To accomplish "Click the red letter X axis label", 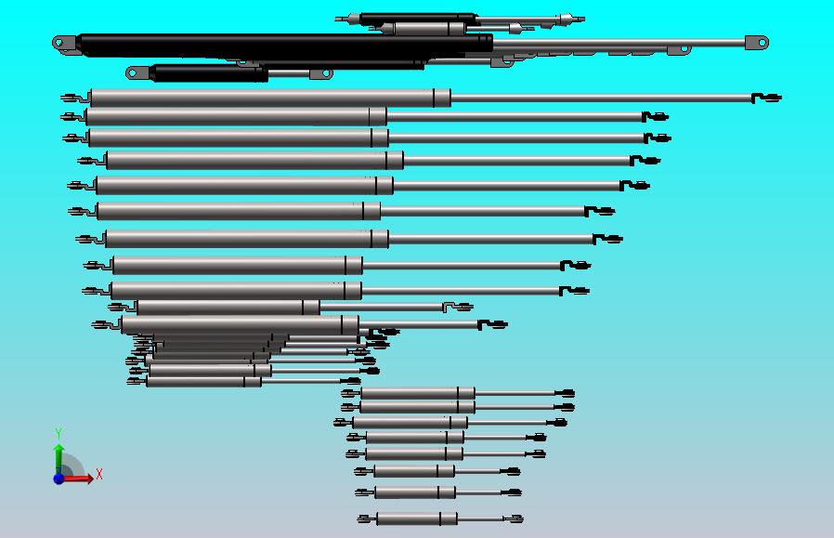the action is [x=99, y=474].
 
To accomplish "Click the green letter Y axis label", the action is [x=59, y=433].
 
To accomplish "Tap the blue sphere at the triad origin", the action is [x=59, y=479].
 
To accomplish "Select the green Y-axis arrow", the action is [x=59, y=459].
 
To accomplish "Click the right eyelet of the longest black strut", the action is [x=757, y=43].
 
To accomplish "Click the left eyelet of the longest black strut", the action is [x=65, y=43].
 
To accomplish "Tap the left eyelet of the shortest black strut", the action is [x=137, y=72].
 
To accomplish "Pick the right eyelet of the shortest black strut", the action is [x=321, y=74].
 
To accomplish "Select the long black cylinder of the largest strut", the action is [x=284, y=46].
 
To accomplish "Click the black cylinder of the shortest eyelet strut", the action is [x=208, y=72].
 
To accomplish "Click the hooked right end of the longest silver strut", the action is [x=766, y=98].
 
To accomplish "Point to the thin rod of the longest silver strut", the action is [x=601, y=98].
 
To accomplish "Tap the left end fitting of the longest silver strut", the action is [x=75, y=98].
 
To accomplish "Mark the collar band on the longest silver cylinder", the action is [x=441, y=98].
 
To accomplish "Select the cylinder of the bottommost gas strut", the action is [x=417, y=518].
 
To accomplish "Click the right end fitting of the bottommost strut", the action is [x=514, y=518].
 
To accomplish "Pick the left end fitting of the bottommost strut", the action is [x=367, y=518].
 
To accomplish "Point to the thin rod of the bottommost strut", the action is [x=480, y=518].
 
